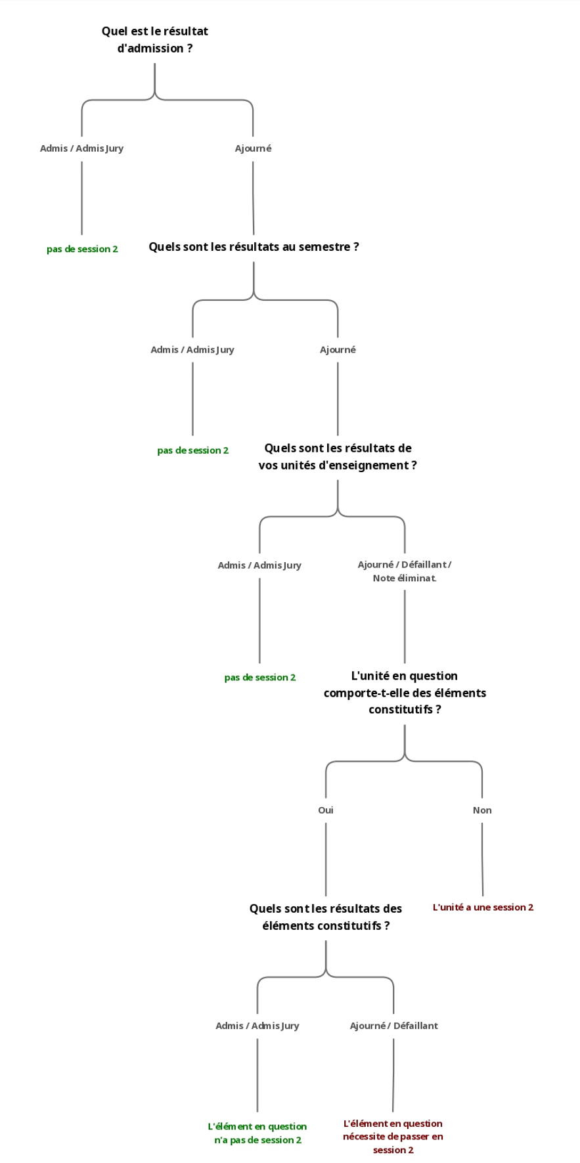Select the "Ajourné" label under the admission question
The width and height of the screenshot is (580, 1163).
[253, 148]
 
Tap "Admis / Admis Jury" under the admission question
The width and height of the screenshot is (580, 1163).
[81, 148]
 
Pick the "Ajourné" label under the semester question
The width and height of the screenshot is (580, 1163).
[338, 349]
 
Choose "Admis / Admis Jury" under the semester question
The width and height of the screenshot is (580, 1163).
[192, 349]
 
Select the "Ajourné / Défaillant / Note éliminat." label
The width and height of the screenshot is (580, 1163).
[405, 571]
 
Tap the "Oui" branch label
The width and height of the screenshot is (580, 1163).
[326, 810]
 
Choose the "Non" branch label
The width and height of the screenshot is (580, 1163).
[482, 810]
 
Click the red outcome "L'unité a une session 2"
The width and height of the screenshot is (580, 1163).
[483, 907]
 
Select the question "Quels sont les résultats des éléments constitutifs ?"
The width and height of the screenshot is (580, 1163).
[326, 917]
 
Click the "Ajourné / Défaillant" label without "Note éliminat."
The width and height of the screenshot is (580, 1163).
[393, 1025]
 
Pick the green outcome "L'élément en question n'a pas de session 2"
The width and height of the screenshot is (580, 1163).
[257, 1133]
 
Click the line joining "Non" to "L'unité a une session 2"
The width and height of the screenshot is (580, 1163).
[482, 859]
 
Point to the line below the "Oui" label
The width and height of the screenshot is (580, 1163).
[326, 859]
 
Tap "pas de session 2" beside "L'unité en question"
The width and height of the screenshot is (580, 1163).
[259, 677]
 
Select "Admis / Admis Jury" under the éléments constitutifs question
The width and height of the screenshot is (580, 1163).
[257, 1025]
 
